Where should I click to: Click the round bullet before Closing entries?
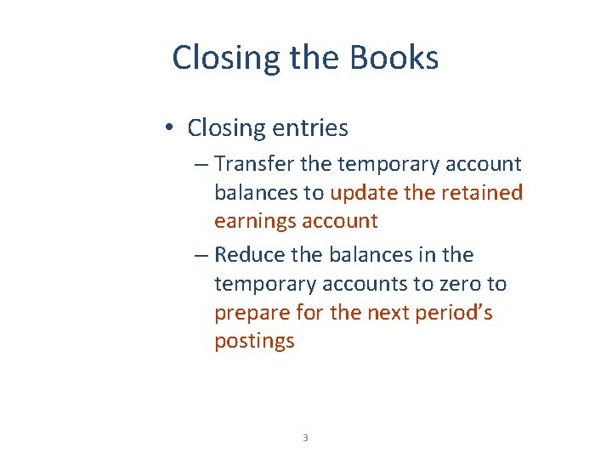pyautogui.click(x=171, y=127)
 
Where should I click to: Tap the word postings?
pyautogui.click(x=254, y=342)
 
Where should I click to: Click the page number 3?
pyautogui.click(x=305, y=438)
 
